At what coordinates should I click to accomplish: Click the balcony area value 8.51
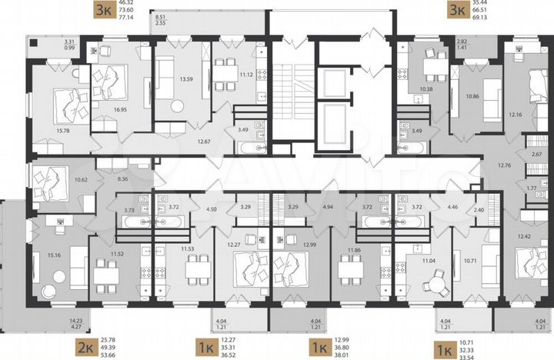click(x=159, y=15)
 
